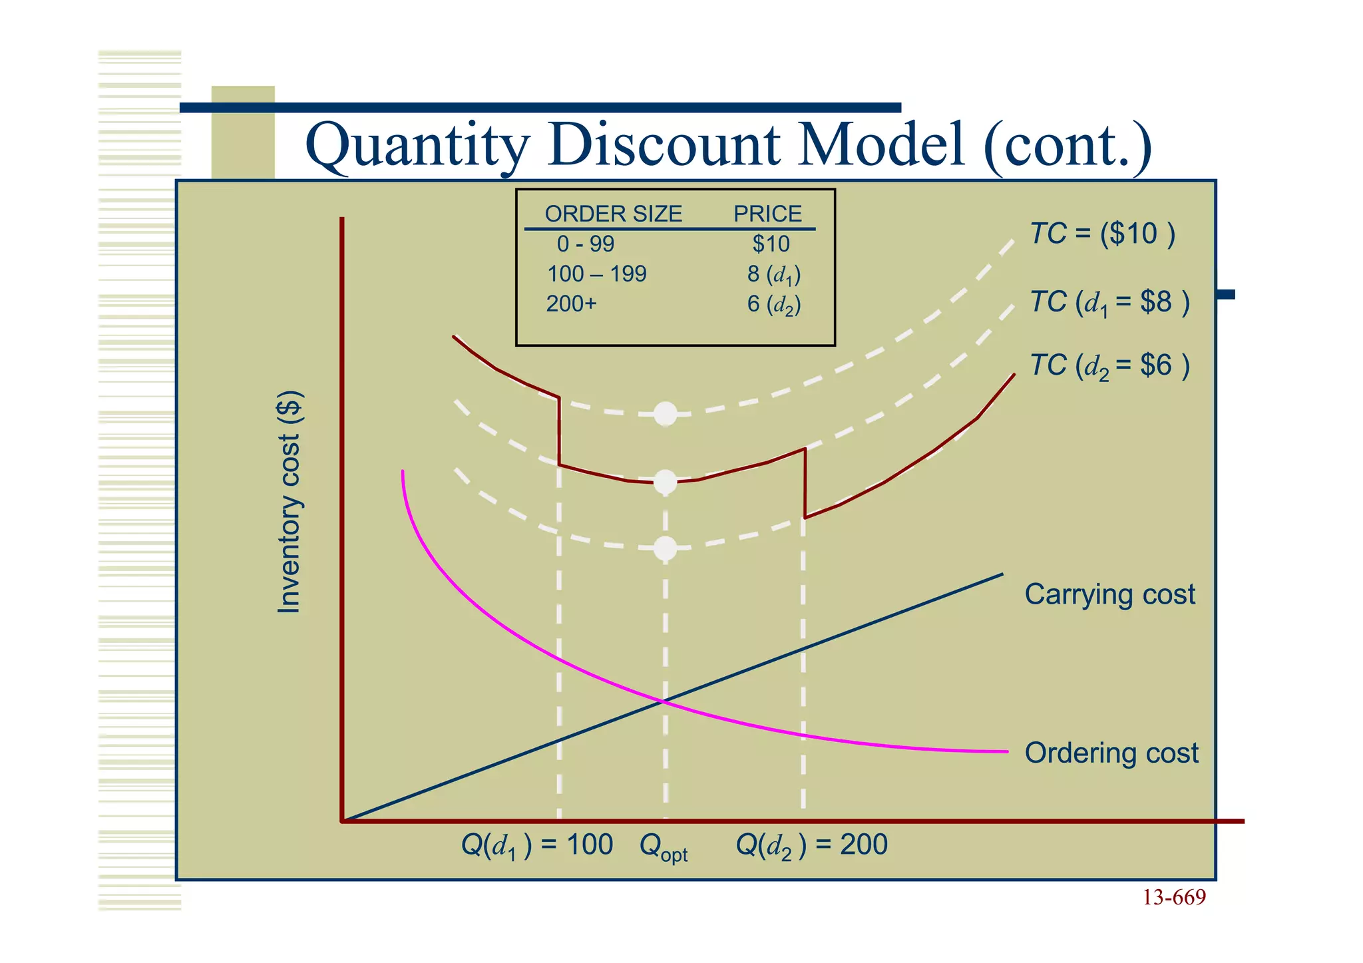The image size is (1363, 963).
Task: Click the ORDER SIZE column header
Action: (613, 214)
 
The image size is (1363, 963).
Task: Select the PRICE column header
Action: (767, 214)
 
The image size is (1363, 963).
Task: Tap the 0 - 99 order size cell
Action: (586, 244)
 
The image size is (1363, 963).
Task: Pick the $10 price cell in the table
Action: (771, 244)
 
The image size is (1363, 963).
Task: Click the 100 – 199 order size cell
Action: (596, 274)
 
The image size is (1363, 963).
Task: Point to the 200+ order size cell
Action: (571, 304)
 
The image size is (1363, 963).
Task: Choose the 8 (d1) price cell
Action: (773, 275)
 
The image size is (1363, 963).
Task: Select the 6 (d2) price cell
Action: (773, 305)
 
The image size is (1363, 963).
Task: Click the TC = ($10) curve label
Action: (1102, 234)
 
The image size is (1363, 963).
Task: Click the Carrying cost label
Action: (1109, 594)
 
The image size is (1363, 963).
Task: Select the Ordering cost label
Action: (1111, 753)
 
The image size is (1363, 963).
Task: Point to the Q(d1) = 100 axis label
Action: (536, 846)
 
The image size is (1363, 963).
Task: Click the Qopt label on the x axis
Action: (663, 847)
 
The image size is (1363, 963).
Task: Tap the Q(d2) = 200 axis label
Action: (811, 846)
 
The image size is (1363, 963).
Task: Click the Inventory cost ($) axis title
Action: (290, 502)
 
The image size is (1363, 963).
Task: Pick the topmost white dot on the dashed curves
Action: (666, 414)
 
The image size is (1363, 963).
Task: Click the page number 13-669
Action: (1174, 898)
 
